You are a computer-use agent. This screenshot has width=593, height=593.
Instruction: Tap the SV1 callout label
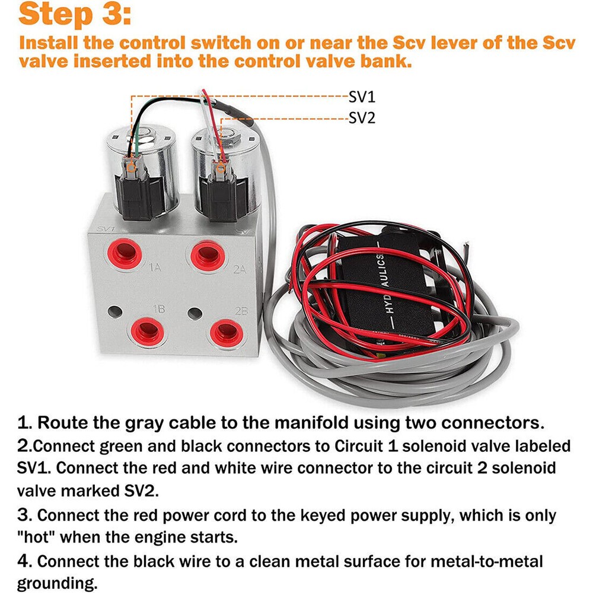(x=362, y=96)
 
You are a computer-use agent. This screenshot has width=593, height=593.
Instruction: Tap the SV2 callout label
(x=362, y=118)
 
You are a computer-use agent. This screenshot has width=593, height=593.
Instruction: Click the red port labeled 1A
(x=124, y=254)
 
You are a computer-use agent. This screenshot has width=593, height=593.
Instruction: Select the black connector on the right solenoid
(x=222, y=193)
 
